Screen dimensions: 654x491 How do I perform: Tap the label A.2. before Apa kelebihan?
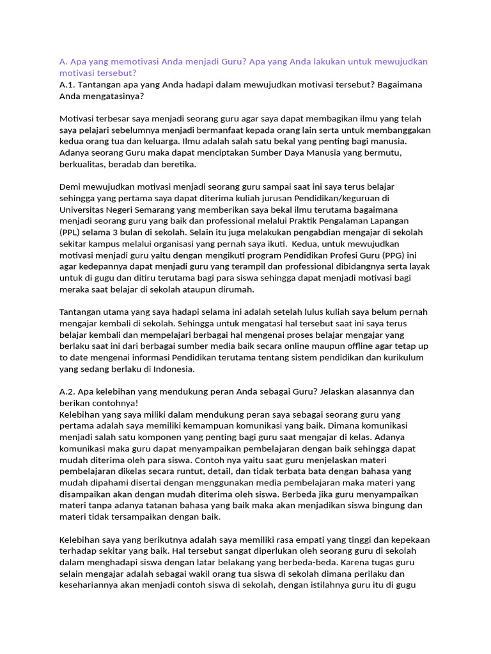pos(67,391)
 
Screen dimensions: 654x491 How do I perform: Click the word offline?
pos(349,346)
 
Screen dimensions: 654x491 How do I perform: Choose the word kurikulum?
pos(403,358)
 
